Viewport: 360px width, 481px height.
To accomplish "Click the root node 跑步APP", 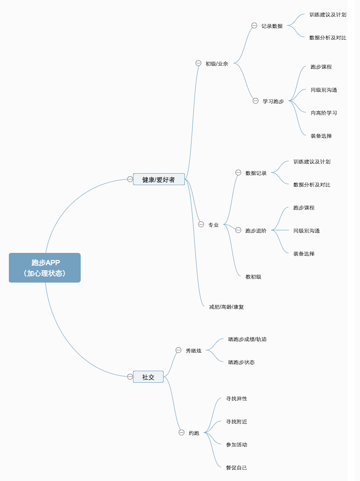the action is coord(44,268).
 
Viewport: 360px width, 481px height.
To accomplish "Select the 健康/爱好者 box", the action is coord(159,179).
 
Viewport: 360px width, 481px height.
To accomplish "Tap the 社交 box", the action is coord(148,377).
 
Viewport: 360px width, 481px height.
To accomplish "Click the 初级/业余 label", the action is coord(217,63).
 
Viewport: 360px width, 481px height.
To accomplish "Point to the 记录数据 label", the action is coord(272,26).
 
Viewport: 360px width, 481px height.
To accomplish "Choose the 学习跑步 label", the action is coord(273,101).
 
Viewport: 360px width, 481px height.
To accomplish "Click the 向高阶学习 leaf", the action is coord(324,113).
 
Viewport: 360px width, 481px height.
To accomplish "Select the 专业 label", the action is coord(214,225).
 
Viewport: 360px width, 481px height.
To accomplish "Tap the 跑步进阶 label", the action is coord(256,231).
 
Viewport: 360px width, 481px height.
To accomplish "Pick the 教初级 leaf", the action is coord(254,277).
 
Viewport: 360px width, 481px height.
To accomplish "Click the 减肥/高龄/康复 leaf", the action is coord(227,307).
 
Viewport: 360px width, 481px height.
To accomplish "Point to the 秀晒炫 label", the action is coord(193,351).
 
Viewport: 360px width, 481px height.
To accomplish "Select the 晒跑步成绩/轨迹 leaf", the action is coord(247,339).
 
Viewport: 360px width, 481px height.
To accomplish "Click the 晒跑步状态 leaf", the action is coord(242,362).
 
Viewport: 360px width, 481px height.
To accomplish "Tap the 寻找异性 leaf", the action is coord(236,399).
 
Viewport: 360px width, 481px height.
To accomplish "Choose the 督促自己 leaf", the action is coord(236,468).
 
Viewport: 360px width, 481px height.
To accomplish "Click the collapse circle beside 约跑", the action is coord(181,433).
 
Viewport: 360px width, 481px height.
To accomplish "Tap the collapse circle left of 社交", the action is coord(130,376).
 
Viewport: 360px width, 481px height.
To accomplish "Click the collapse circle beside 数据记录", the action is coord(239,172).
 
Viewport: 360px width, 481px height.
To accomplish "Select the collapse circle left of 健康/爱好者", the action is coord(130,179).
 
